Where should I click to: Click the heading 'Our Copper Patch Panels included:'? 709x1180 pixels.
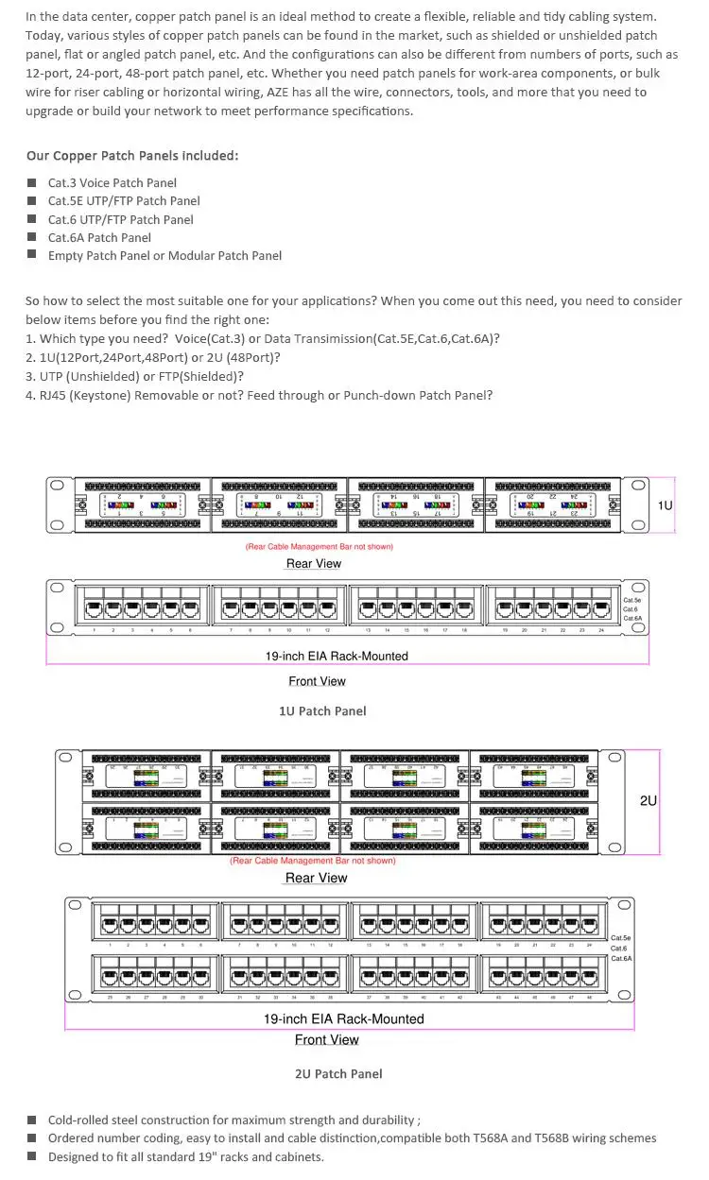132,156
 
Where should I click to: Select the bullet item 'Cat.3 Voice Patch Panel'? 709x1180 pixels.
112,182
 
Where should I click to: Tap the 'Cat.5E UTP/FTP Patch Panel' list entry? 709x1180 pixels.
124,200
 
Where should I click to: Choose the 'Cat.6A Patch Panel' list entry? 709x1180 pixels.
99,237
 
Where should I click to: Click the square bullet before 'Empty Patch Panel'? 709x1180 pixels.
31,255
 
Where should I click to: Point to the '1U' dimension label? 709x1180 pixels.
666,505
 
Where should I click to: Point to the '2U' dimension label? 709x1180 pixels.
648,800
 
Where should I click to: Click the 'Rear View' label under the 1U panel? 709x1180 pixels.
314,563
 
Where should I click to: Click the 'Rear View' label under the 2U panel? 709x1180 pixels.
316,878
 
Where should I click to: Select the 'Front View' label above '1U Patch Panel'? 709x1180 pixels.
318,681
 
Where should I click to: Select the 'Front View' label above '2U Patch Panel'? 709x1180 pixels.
326,1039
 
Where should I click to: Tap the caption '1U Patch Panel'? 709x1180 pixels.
322,710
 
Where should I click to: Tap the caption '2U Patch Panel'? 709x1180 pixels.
338,1073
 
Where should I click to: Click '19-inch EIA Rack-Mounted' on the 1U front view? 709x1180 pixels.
337,656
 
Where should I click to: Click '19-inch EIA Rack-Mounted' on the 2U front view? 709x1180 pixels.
343,1018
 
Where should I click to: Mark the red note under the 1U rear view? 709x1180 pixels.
319,546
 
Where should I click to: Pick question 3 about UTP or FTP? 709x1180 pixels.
134,376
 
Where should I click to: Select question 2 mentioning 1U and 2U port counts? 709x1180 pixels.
152,357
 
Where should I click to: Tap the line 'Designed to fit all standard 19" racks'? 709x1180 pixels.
185,1156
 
